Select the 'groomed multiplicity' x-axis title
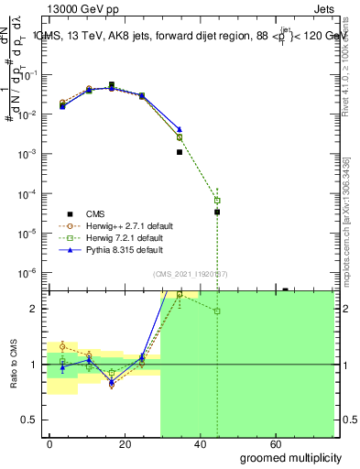[290, 456]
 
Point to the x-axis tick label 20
[121, 443]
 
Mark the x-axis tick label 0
[49, 443]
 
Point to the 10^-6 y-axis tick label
[31, 273]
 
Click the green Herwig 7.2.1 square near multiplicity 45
[217, 200]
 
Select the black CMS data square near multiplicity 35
[180, 152]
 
